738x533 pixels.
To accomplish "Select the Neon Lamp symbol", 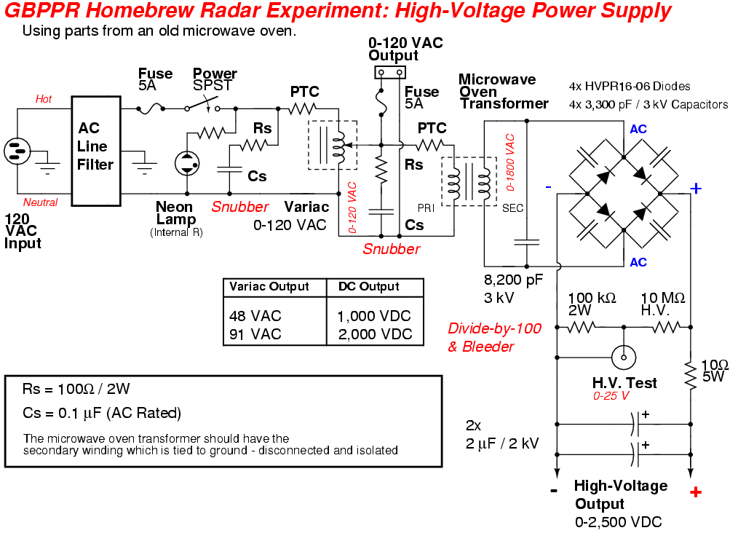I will pyautogui.click(x=188, y=162).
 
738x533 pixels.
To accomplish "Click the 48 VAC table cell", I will pyautogui.click(x=255, y=316).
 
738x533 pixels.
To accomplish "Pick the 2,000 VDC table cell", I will pyautogui.click(x=375, y=334).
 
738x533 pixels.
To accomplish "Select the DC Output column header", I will pyautogui.click(x=369, y=287).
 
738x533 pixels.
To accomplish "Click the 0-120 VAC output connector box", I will pyautogui.click(x=389, y=72).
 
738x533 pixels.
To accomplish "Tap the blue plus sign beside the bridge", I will pyautogui.click(x=695, y=189).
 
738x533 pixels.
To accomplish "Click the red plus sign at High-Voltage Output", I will pyautogui.click(x=695, y=492).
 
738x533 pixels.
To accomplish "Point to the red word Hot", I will pyautogui.click(x=44, y=99).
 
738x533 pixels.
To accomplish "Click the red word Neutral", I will pyautogui.click(x=40, y=202).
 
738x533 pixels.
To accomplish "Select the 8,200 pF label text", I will pyautogui.click(x=514, y=280).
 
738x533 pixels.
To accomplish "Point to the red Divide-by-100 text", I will pyautogui.click(x=495, y=328).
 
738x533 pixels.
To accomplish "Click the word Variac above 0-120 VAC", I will pyautogui.click(x=306, y=208).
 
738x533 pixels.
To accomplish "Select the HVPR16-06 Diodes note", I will pyautogui.click(x=630, y=86).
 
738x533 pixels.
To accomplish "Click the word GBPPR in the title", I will pyautogui.click(x=36, y=11).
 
